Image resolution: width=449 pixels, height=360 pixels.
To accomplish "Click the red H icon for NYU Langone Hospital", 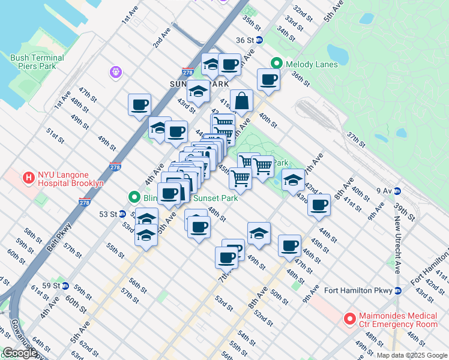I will point(28,178).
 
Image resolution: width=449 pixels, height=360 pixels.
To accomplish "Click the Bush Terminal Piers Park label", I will point(37,62).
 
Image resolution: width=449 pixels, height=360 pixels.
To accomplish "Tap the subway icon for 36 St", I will point(259,40).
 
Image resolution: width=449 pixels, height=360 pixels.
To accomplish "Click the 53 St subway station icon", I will point(122,214).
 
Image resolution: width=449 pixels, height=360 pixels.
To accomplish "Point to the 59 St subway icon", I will point(65,286).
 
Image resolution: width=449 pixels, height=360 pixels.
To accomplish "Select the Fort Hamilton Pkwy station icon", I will point(397,291).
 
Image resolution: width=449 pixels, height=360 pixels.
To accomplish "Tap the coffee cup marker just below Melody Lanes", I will point(269,79).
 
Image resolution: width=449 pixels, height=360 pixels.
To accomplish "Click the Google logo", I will point(19,353).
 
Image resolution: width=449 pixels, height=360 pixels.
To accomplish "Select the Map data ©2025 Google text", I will point(411,355).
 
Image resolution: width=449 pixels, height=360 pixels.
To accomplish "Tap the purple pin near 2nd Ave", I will point(116,73).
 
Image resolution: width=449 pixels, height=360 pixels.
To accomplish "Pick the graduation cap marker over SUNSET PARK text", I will point(197,91).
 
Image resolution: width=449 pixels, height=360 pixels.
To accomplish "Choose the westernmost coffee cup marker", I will point(139,104).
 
